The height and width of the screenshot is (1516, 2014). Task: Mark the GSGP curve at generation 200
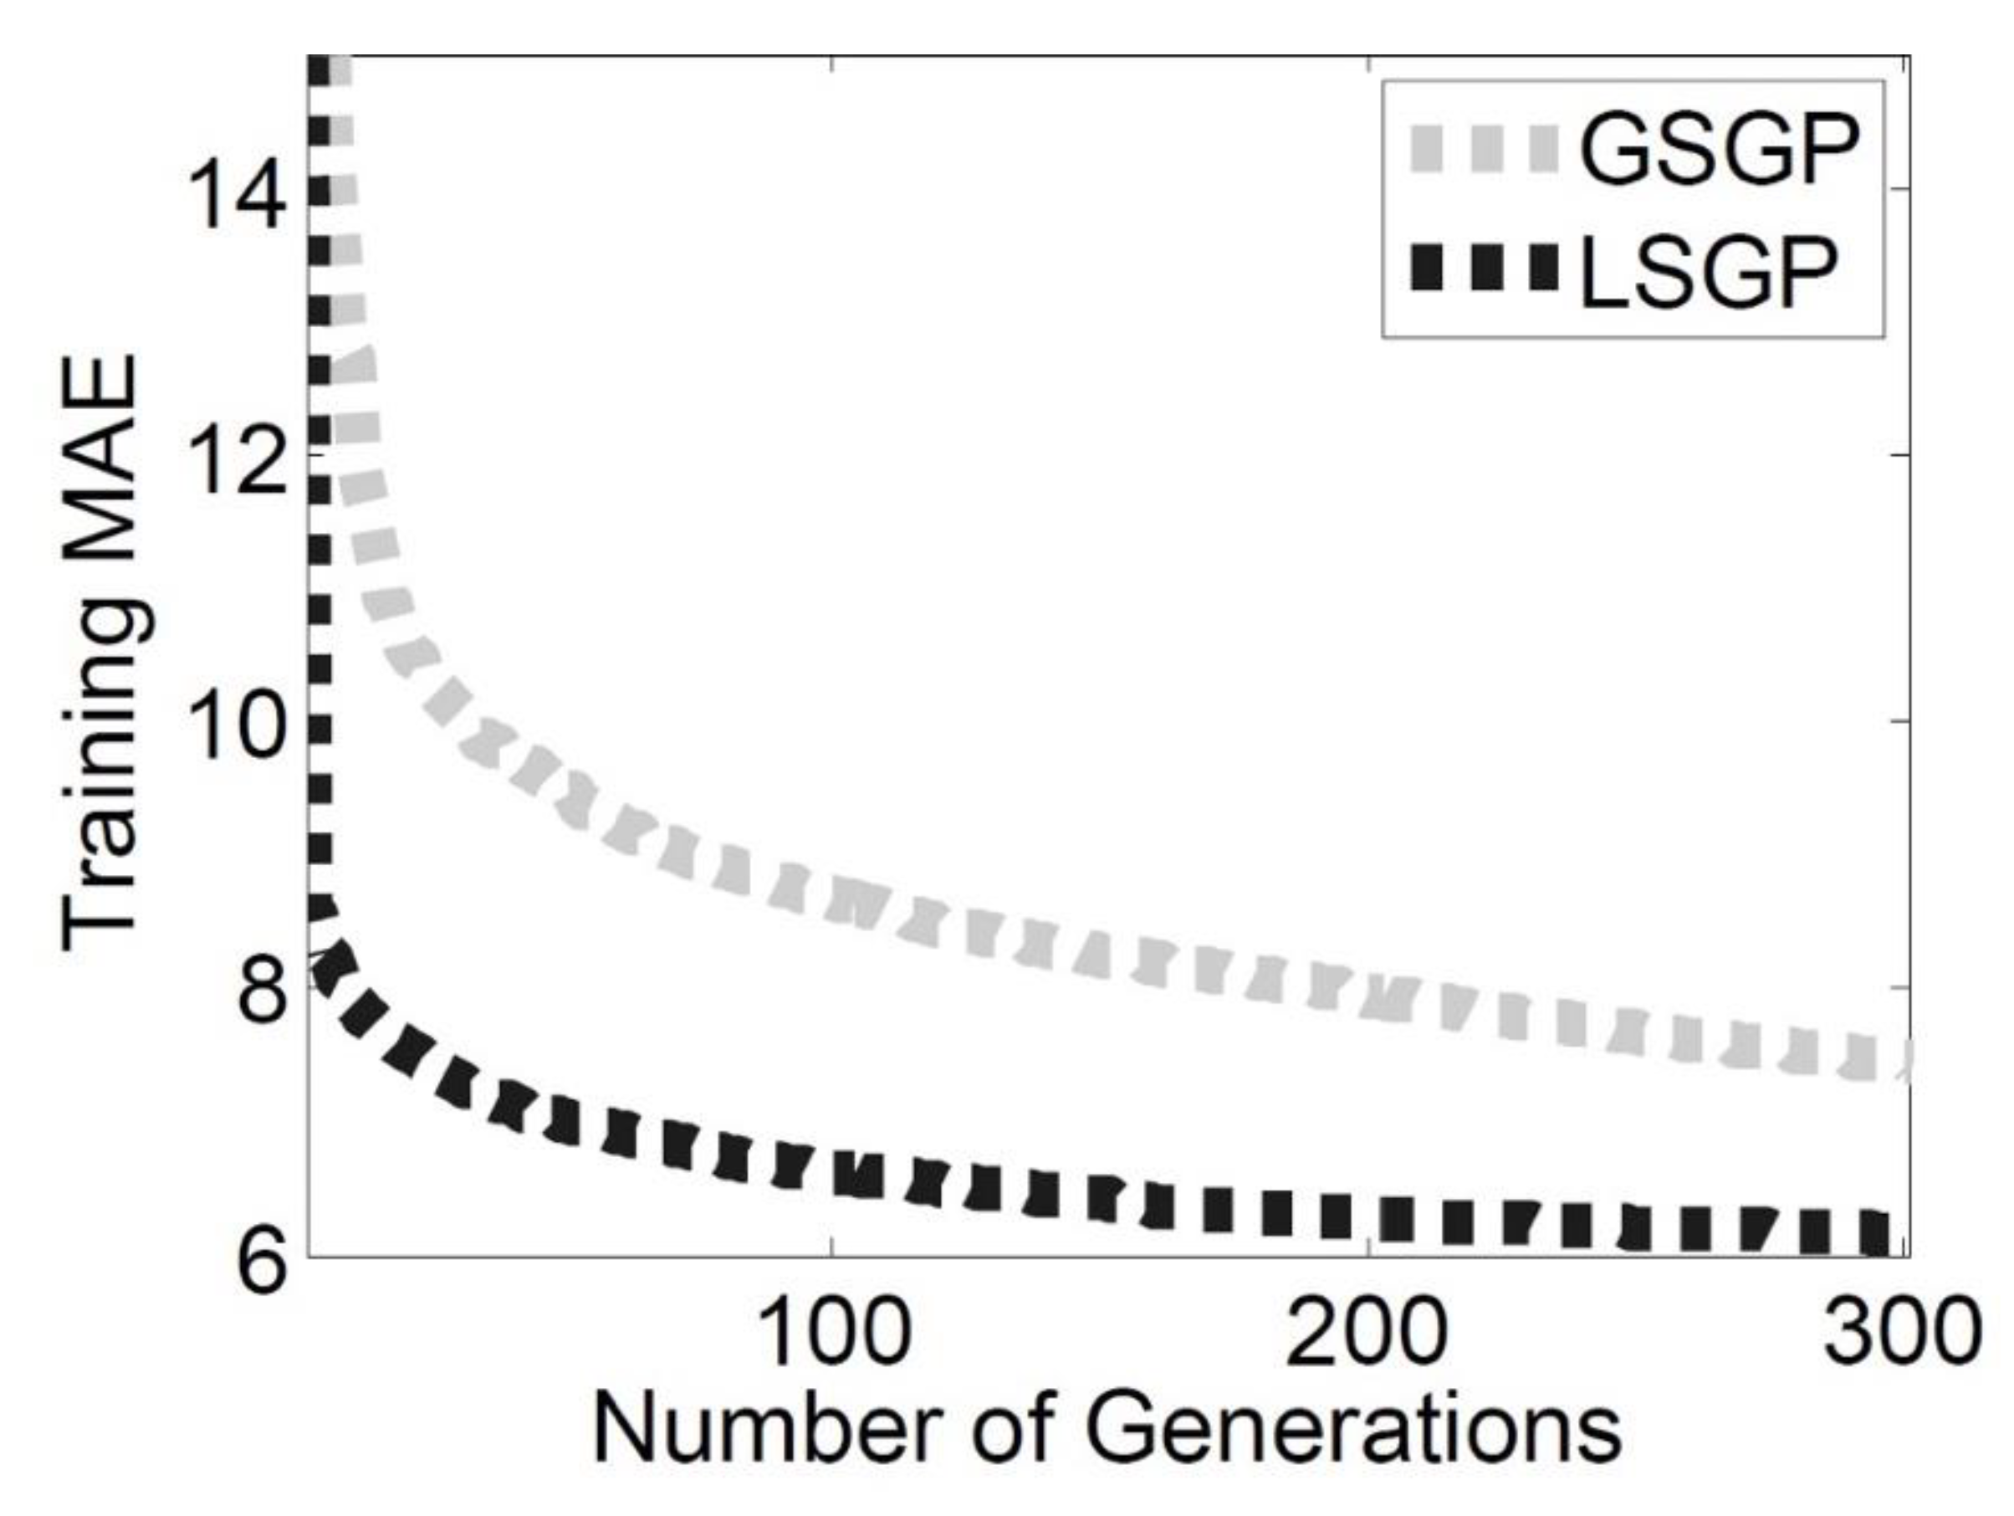[1368, 1001]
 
